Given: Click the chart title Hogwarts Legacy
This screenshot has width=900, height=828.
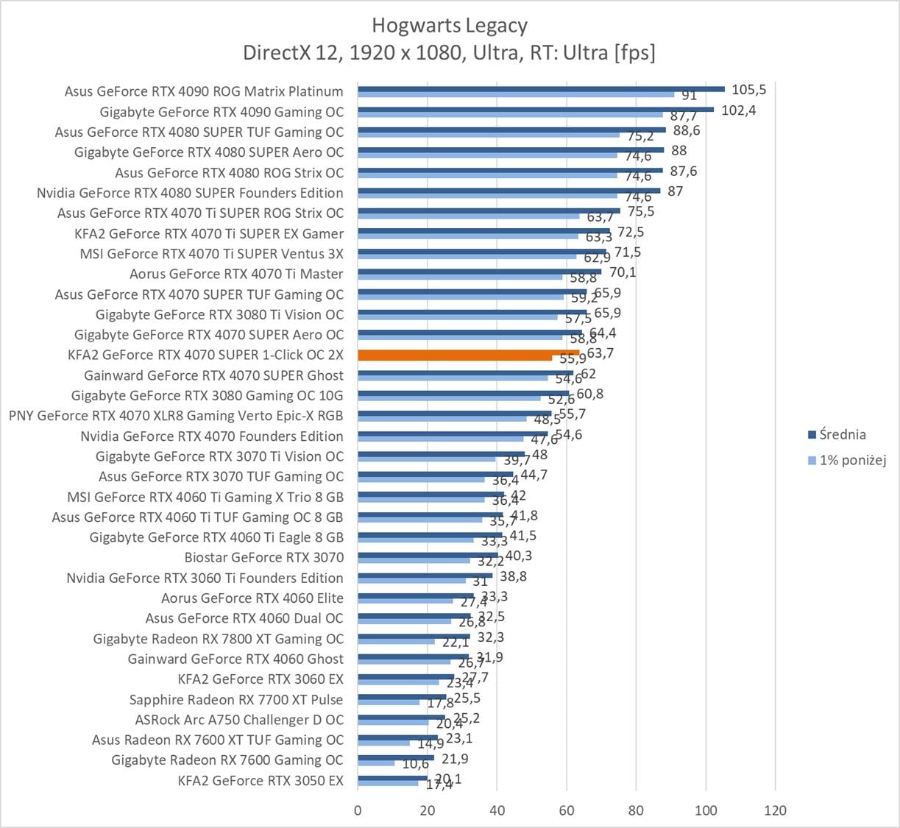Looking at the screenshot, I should (449, 25).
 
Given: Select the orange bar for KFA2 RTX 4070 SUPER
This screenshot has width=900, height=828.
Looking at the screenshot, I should (468, 354).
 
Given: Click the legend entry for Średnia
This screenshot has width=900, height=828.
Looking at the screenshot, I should (843, 434).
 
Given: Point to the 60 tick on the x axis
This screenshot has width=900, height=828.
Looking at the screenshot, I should (567, 810).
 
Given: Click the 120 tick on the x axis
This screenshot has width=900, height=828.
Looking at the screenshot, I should (775, 810).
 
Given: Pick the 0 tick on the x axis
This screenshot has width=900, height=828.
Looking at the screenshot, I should (358, 810).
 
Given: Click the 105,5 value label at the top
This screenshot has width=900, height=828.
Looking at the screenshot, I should (748, 90).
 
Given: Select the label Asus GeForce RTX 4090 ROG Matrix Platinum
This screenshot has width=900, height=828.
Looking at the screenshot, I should (204, 91).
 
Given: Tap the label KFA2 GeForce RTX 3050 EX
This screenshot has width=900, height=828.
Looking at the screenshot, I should (261, 780).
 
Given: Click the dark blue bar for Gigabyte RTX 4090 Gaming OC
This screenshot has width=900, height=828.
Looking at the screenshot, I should (535, 109).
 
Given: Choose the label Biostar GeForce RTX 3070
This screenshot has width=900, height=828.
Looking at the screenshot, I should (264, 557).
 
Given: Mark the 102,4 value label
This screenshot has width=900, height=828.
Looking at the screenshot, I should (739, 110).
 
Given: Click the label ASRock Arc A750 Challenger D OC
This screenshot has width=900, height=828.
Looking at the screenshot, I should (239, 720).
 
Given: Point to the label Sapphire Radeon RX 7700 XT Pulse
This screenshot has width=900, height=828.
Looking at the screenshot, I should (236, 699).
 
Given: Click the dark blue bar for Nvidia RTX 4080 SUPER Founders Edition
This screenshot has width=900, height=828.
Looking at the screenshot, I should (509, 190).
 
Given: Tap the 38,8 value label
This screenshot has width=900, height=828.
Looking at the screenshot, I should (512, 576).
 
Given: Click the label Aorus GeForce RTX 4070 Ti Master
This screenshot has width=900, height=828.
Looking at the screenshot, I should (236, 274).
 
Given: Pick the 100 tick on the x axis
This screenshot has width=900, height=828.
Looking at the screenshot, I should (706, 810).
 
